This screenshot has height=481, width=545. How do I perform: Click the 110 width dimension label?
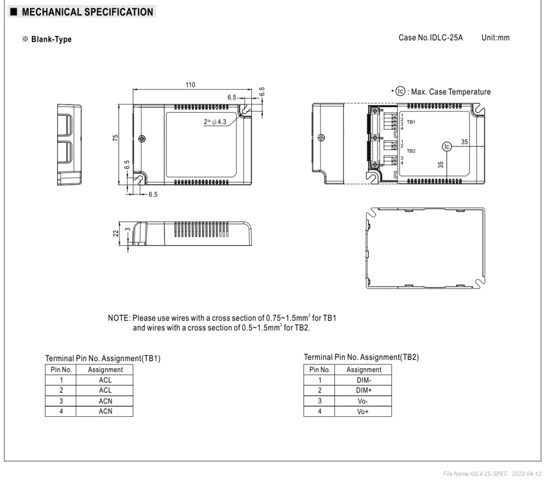(x=190, y=85)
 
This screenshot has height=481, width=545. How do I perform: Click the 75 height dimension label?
(x=115, y=138)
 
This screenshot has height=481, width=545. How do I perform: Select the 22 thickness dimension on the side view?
(x=116, y=233)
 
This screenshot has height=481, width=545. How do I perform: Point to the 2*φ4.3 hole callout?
(x=215, y=122)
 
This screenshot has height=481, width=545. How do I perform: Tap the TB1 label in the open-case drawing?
(x=411, y=122)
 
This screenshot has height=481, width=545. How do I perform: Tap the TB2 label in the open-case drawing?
(x=411, y=151)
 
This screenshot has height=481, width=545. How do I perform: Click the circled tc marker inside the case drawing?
(x=447, y=147)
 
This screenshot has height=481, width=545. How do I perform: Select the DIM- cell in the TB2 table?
(x=364, y=380)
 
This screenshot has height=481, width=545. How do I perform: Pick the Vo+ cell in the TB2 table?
(x=363, y=412)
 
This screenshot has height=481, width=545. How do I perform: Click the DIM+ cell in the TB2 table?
(x=364, y=391)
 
